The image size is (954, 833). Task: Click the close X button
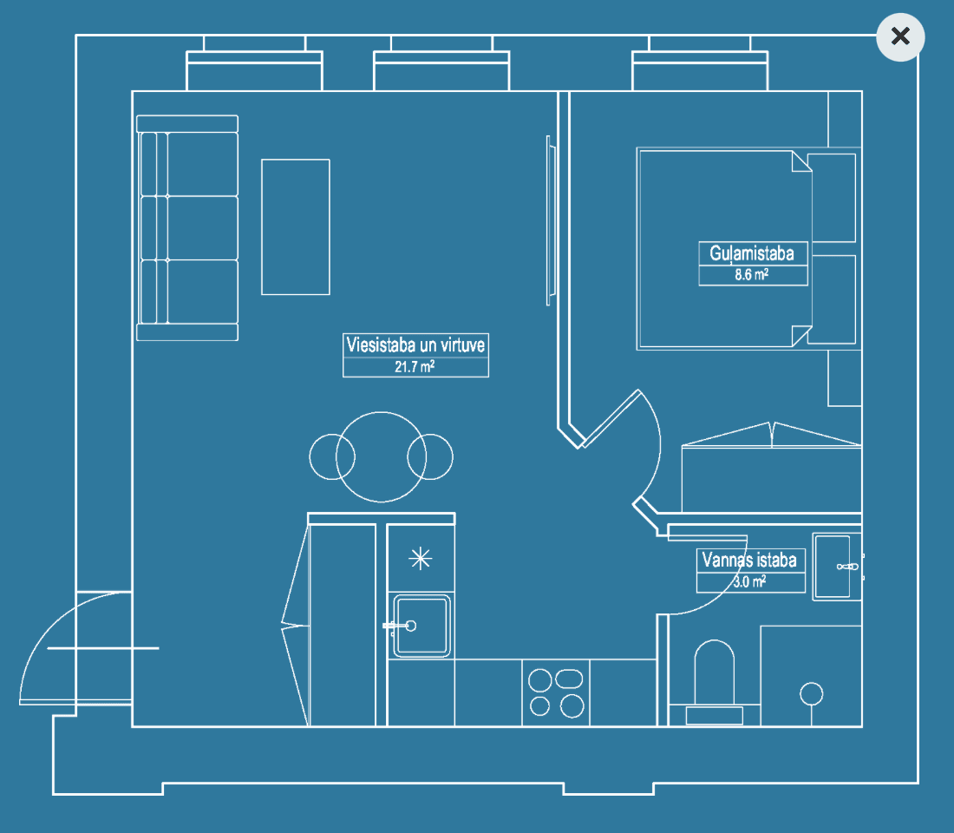coord(900,36)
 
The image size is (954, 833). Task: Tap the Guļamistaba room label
coord(753,253)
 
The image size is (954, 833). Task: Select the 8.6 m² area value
coord(753,276)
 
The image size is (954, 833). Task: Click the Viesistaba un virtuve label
coord(415,344)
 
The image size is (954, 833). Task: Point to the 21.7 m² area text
coord(415,367)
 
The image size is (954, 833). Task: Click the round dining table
coord(382,456)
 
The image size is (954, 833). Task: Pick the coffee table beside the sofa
coord(296,226)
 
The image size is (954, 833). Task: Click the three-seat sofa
coord(187,227)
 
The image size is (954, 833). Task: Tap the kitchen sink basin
coord(422,625)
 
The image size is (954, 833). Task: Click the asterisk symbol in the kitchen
coord(421,559)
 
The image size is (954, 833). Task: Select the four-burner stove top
coord(555,692)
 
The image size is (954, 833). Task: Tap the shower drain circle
coord(811,692)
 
